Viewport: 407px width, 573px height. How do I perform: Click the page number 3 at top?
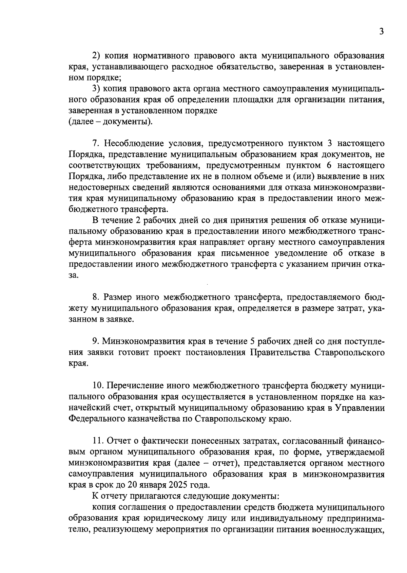pos(381,32)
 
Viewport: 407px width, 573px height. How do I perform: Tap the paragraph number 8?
pos(95,298)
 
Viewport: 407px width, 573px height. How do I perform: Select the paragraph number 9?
pos(95,341)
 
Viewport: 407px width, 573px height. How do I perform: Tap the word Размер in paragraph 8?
pos(117,298)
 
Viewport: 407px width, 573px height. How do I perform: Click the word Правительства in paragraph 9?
pos(280,352)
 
